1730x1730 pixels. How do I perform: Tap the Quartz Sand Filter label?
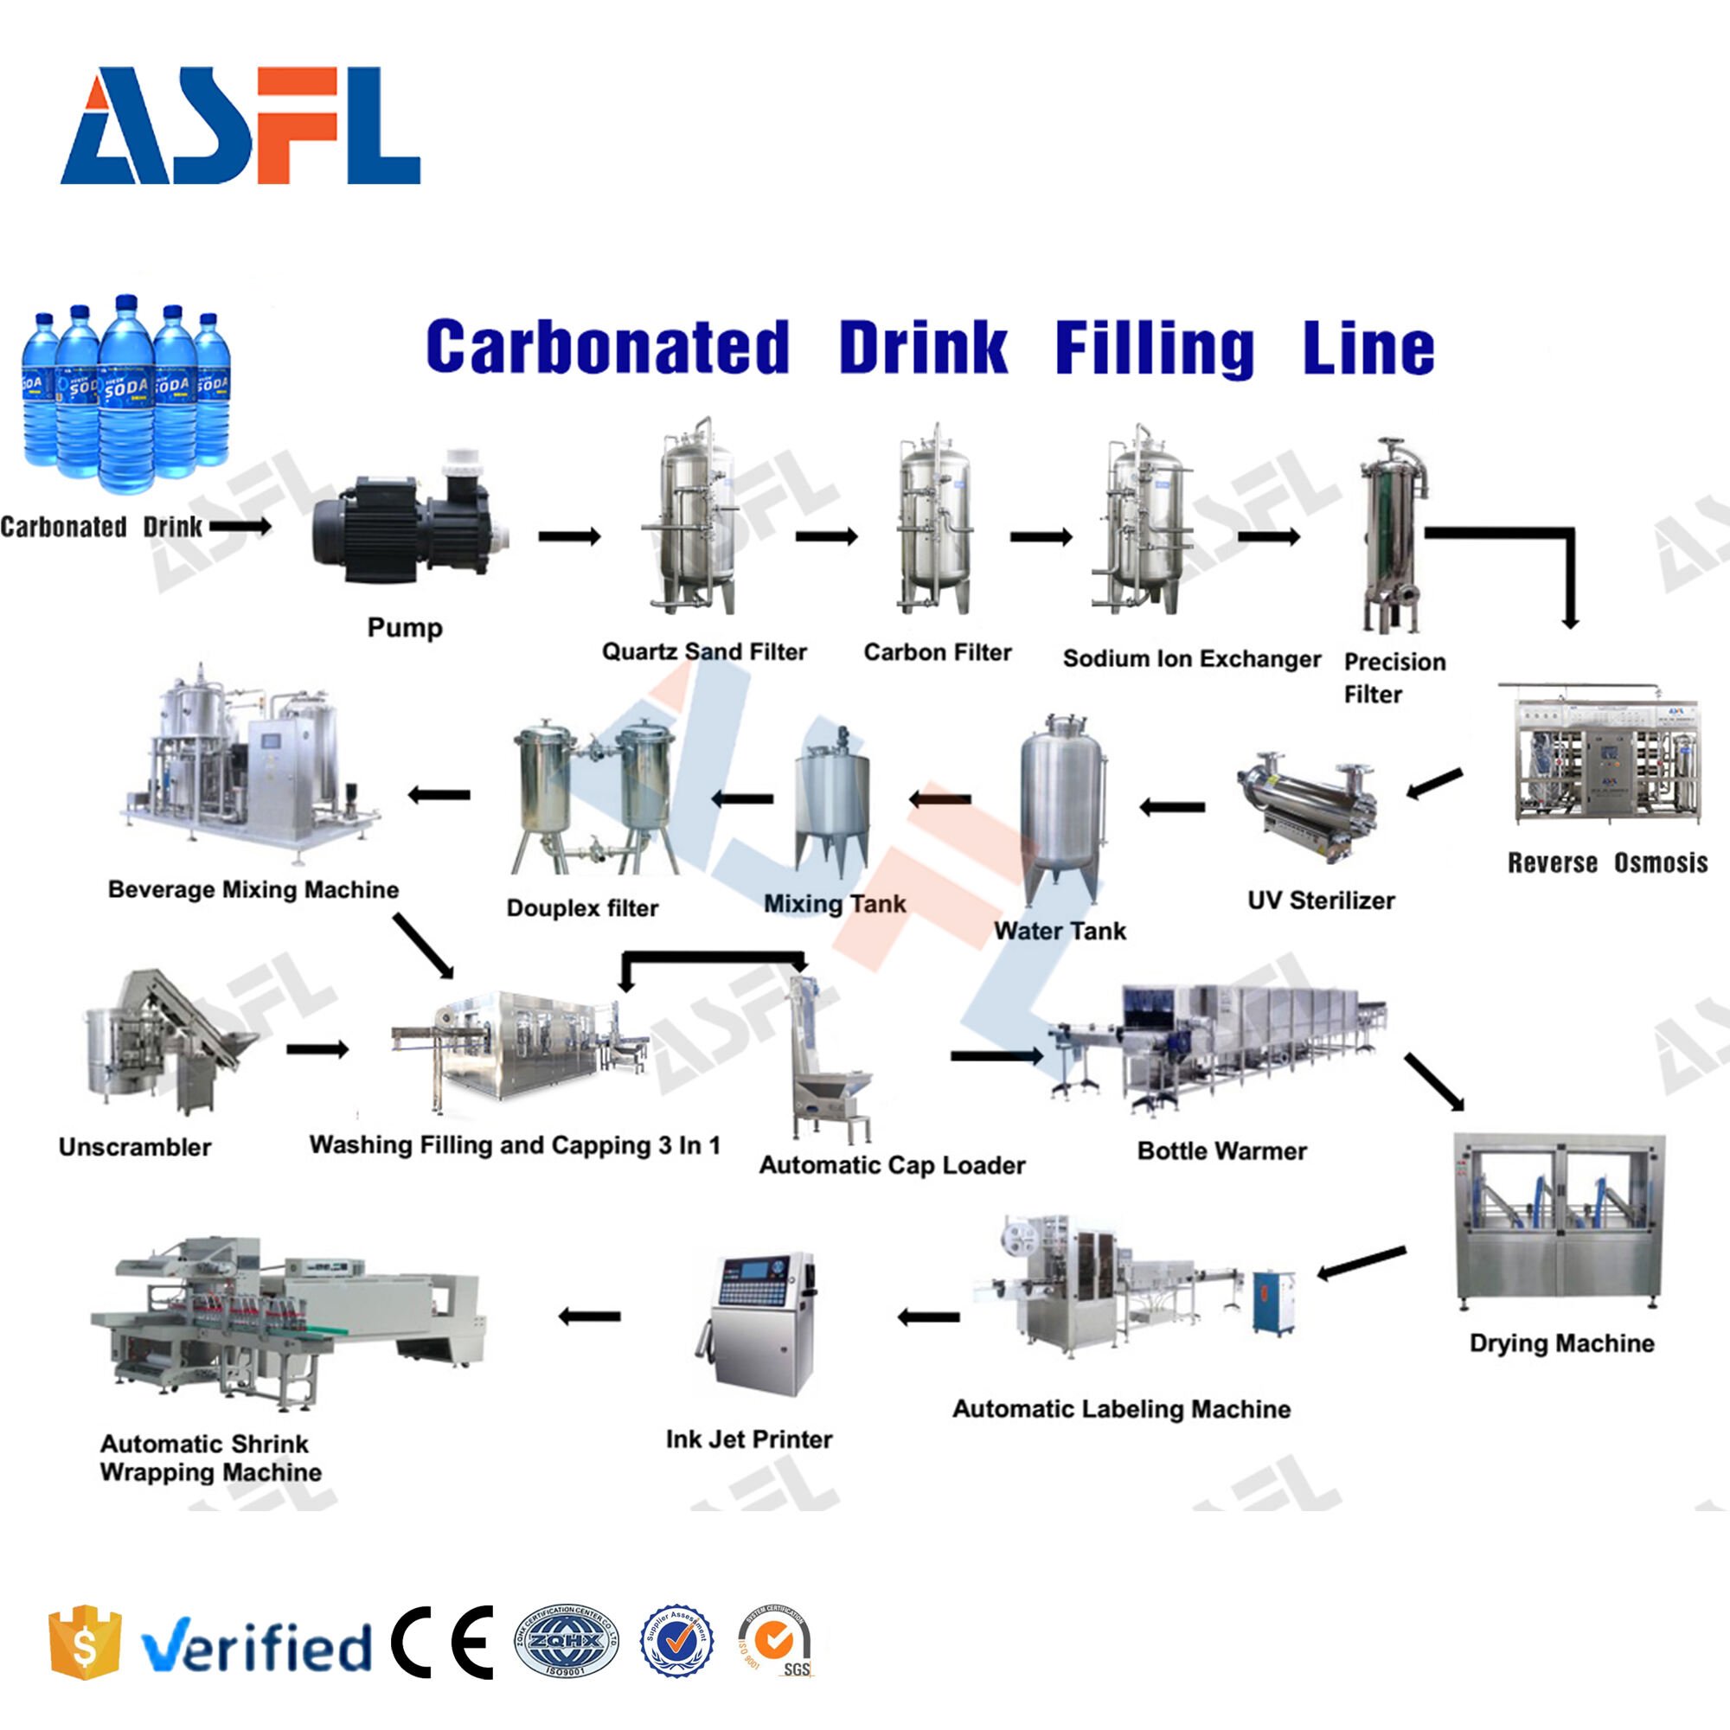[704, 652]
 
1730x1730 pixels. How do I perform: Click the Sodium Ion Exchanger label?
[1191, 659]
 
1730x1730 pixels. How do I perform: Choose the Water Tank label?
[1060, 932]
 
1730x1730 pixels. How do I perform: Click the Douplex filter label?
[582, 908]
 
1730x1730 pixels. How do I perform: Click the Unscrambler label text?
[134, 1147]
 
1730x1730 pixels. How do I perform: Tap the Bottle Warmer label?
[1221, 1150]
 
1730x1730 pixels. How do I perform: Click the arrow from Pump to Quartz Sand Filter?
[569, 536]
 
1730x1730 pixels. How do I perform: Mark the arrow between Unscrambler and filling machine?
[317, 1048]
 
